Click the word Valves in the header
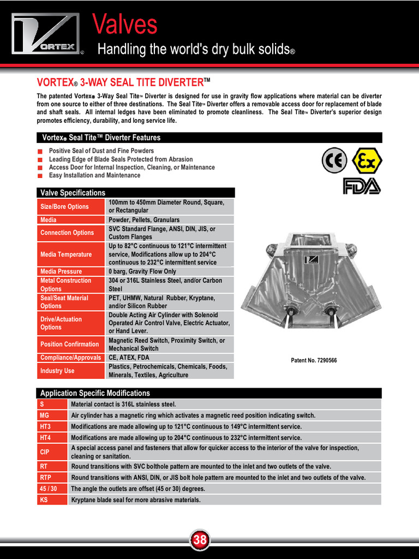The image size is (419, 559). click(124, 24)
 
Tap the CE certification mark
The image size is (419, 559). click(334, 160)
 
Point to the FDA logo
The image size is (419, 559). click(361, 186)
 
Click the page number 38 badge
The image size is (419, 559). click(200, 540)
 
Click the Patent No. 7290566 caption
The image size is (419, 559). click(314, 361)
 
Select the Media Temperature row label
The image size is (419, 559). click(70, 254)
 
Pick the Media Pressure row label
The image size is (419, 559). click(70, 271)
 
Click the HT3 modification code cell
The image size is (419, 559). click(52, 426)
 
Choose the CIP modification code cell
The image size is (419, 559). click(52, 452)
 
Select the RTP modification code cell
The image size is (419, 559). click(52, 477)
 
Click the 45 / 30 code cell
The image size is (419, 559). click(52, 489)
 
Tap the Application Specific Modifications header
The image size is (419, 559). click(95, 393)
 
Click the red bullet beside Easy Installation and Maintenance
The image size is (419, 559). click(40, 176)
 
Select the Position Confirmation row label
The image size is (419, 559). click(70, 344)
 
